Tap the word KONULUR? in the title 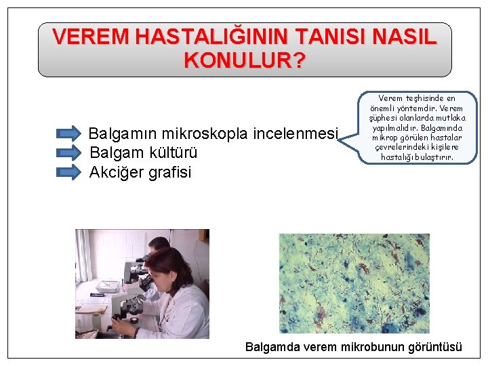[244, 61]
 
